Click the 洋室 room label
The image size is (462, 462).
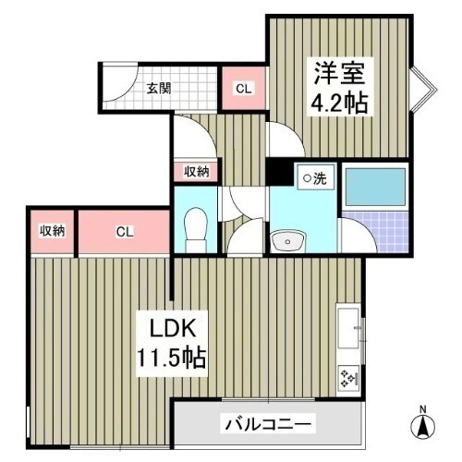tap(336, 71)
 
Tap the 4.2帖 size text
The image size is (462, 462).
tap(336, 101)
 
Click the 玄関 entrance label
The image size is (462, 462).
tap(159, 90)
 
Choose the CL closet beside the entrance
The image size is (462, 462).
tap(243, 90)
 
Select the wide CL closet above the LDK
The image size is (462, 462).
tap(124, 232)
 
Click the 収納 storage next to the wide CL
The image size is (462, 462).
tap(51, 231)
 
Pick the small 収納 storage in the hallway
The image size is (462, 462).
tap(195, 171)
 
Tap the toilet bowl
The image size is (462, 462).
tap(195, 225)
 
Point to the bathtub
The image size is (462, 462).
tap(373, 188)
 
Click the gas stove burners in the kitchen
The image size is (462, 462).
tap(350, 376)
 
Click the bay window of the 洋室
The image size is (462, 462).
tap(420, 88)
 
